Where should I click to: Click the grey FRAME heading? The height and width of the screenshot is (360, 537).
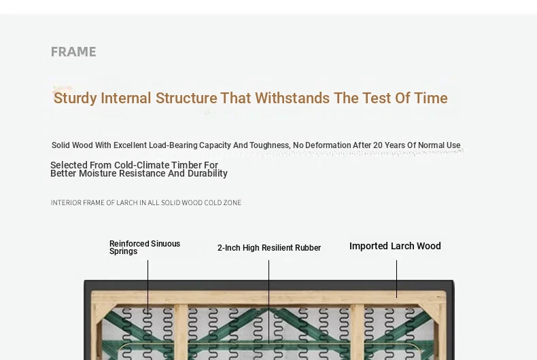point(73,52)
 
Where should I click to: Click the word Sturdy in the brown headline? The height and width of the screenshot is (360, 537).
point(75,98)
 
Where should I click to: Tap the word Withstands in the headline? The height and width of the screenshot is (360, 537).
point(292,98)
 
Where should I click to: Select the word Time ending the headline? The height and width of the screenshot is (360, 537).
point(431,98)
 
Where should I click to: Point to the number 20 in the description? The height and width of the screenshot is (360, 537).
point(378,145)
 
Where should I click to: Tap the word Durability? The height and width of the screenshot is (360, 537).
point(207,174)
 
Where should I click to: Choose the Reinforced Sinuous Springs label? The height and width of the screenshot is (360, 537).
point(145,247)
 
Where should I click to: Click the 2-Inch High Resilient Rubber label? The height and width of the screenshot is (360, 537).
point(269,248)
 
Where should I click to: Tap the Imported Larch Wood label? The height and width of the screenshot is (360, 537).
point(395,246)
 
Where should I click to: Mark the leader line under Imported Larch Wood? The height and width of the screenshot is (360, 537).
point(396,279)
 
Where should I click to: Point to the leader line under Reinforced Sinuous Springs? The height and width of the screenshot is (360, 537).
point(148,287)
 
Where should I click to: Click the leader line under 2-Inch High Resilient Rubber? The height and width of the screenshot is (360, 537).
point(269,302)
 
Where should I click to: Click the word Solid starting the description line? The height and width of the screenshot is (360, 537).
point(61,145)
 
